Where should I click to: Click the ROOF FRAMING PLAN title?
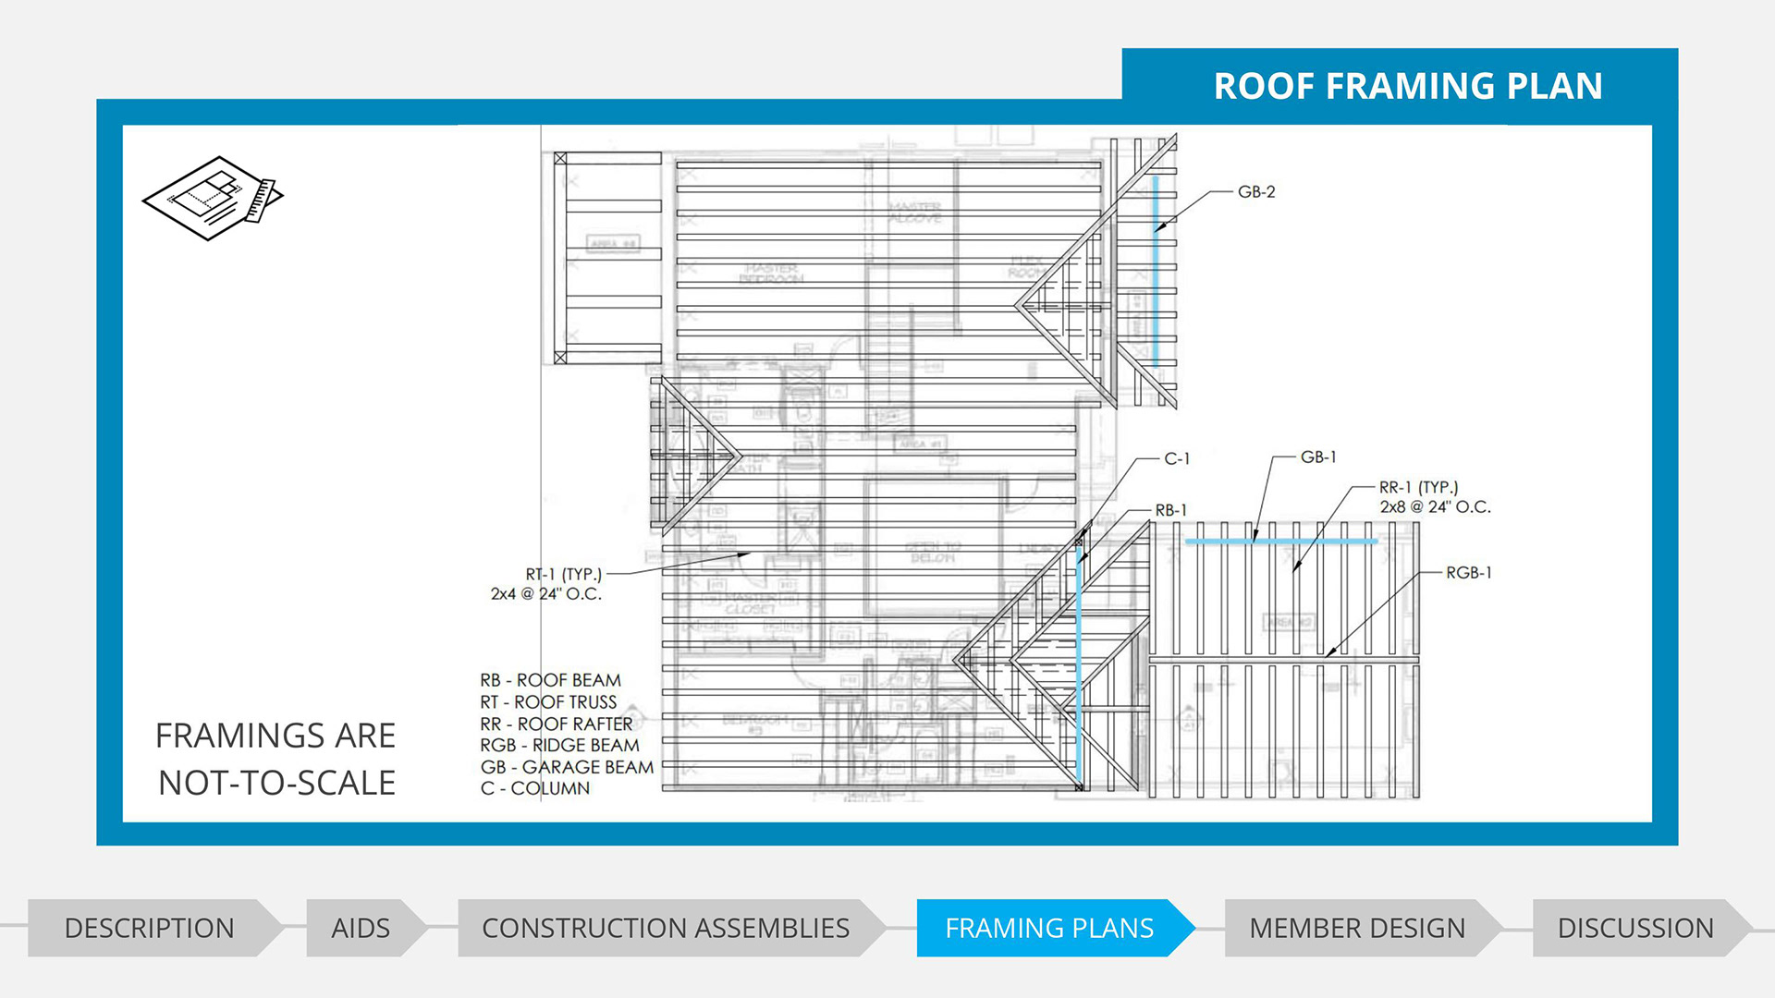coord(1407,86)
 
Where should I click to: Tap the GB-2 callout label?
coord(1256,192)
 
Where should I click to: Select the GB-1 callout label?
coord(1318,457)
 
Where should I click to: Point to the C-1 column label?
coord(1177,459)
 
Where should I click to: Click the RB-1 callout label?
coord(1171,510)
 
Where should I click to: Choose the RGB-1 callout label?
coord(1469,573)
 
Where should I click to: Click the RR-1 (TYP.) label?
coord(1418,487)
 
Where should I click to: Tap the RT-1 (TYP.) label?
coord(563,574)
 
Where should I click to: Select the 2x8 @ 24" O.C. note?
coord(1435,507)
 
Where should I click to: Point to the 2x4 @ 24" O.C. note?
coord(545,594)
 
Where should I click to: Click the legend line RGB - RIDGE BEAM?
coord(559,745)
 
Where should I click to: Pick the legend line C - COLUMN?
coord(534,788)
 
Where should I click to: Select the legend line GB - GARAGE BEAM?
coord(567,767)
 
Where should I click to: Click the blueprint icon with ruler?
coord(213,198)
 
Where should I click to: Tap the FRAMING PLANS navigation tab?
coord(1049,928)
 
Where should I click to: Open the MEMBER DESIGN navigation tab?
coord(1356,928)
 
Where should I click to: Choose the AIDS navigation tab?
coord(361,928)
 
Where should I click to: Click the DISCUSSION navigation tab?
coord(1634,928)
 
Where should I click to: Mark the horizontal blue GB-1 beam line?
coord(1281,542)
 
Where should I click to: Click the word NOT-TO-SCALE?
coord(276,783)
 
